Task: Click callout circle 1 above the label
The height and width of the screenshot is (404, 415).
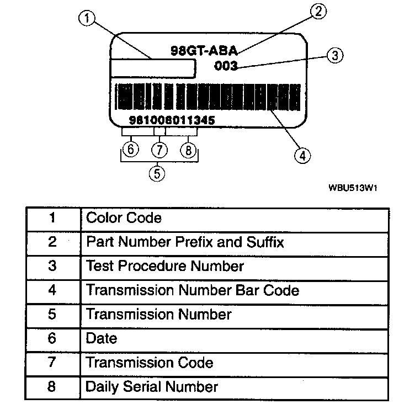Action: click(x=87, y=19)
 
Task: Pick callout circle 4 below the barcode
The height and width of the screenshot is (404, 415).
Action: click(x=301, y=156)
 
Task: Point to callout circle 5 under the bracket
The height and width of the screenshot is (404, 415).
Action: click(x=157, y=174)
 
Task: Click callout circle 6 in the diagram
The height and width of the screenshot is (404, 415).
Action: click(x=130, y=150)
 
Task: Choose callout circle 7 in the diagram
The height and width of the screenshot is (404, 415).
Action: click(x=159, y=150)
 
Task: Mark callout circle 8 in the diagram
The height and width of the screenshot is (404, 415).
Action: click(x=188, y=150)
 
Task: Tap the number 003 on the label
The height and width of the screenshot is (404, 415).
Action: click(x=225, y=67)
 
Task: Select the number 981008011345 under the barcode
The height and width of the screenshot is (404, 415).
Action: click(x=171, y=120)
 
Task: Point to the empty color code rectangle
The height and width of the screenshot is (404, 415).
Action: click(x=153, y=69)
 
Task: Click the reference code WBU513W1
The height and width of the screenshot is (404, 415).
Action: click(x=353, y=188)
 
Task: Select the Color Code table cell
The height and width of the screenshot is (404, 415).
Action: click(x=235, y=218)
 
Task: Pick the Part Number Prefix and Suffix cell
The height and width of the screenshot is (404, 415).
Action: click(x=235, y=242)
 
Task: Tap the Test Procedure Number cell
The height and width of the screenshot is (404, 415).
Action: click(x=235, y=267)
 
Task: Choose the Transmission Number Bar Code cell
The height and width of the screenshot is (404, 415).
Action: click(x=235, y=290)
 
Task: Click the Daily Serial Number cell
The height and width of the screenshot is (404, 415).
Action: click(x=235, y=387)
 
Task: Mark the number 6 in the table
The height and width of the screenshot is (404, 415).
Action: click(x=52, y=338)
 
